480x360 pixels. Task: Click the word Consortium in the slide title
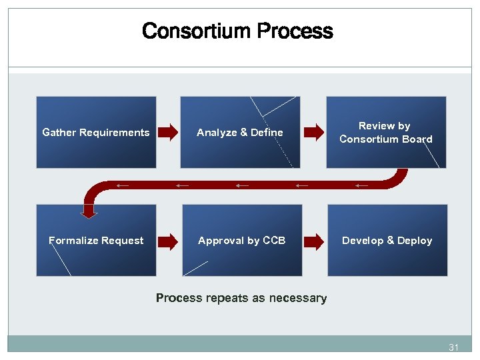(196, 31)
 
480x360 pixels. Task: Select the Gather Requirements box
(96, 132)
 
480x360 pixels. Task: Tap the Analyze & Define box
(240, 132)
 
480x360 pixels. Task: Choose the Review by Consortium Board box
(386, 132)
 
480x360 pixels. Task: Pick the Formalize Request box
(96, 240)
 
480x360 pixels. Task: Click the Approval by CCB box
(241, 240)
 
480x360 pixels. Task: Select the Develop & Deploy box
(387, 240)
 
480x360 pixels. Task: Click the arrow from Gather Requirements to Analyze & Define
(168, 132)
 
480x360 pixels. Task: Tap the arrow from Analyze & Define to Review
(313, 132)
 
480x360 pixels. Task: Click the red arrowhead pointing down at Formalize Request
(89, 212)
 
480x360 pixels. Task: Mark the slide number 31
(454, 347)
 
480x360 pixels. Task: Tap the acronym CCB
(274, 240)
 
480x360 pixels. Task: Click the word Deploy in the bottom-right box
(415, 240)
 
